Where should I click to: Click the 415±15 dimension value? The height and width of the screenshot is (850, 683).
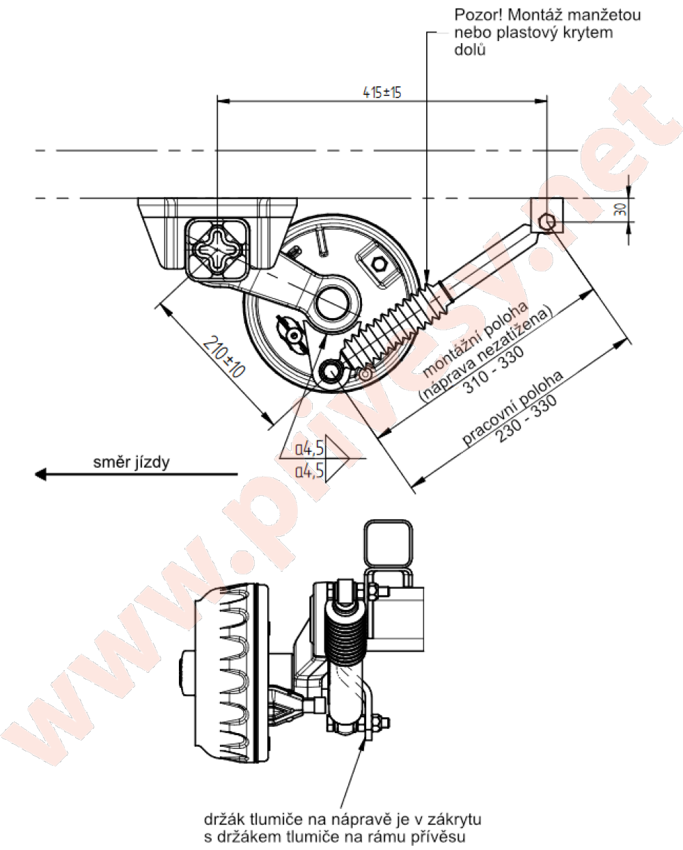pyautogui.click(x=382, y=92)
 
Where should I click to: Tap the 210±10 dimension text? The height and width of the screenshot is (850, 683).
pyautogui.click(x=224, y=356)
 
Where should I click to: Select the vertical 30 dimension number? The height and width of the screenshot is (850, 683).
pyautogui.click(x=621, y=210)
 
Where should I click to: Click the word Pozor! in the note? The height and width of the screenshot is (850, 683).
pyautogui.click(x=478, y=15)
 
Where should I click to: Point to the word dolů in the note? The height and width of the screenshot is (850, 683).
pyautogui.click(x=470, y=50)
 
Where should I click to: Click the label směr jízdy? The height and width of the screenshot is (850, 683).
pyautogui.click(x=131, y=462)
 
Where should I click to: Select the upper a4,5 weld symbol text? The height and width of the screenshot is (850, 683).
pyautogui.click(x=309, y=449)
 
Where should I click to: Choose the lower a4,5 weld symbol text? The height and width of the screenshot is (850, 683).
pyautogui.click(x=309, y=471)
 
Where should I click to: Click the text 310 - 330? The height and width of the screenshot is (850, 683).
pyautogui.click(x=495, y=370)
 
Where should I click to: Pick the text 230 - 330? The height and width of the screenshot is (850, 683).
pyautogui.click(x=527, y=419)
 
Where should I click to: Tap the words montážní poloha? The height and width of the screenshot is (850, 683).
pyautogui.click(x=475, y=340)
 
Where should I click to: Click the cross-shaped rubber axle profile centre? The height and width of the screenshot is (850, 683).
pyautogui.click(x=217, y=248)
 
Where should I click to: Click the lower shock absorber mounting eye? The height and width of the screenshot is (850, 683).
pyautogui.click(x=330, y=371)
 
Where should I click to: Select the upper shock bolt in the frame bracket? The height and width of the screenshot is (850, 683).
pyautogui.click(x=547, y=222)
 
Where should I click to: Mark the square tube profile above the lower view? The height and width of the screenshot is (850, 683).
pyautogui.click(x=388, y=544)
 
